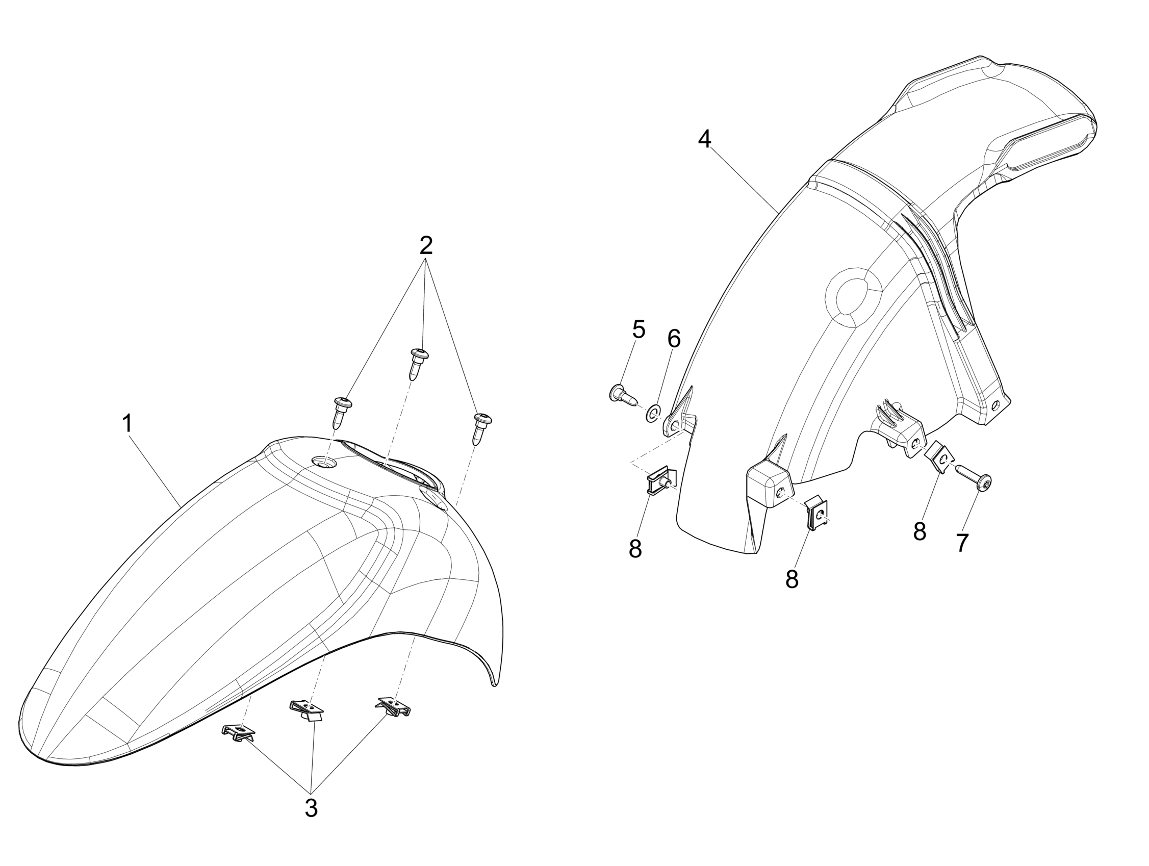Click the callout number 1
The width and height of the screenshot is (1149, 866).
coord(127,424)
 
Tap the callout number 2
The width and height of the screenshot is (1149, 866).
coord(426,246)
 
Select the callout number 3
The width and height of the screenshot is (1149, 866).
coord(311,808)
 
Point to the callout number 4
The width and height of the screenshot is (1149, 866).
coord(704,139)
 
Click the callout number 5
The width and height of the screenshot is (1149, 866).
coord(639,329)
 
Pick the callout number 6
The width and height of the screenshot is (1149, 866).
coord(674,339)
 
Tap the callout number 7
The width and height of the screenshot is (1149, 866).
coord(962,543)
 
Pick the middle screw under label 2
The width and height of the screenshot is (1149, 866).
coord(418,363)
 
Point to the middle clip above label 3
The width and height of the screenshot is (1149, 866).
coord(307,710)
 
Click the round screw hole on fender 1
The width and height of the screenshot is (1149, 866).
coord(324,462)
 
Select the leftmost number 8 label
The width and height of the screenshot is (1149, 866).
coord(635,549)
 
